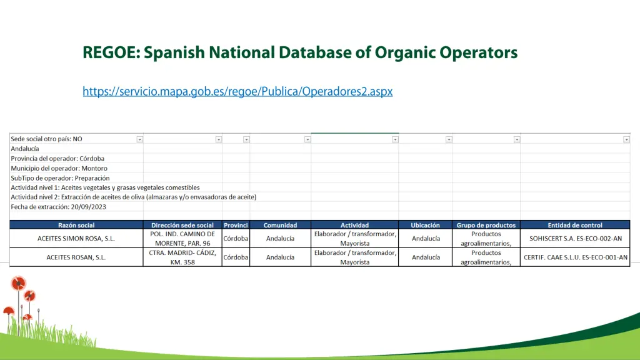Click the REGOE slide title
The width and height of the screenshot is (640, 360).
pyautogui.click(x=300, y=52)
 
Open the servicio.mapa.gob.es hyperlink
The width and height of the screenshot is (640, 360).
pyautogui.click(x=237, y=91)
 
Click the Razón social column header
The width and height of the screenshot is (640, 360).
pyautogui.click(x=76, y=225)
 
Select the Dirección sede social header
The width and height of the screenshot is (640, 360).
pyautogui.click(x=182, y=225)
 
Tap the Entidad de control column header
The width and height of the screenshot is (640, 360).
pyautogui.click(x=575, y=225)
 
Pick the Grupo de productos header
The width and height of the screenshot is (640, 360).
pyautogui.click(x=486, y=225)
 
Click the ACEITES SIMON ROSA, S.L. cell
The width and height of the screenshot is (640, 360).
pyautogui.click(x=76, y=238)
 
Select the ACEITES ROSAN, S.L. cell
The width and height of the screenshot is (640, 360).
pyautogui.click(x=76, y=257)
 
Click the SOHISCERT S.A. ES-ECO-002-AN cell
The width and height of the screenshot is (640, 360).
pyautogui.click(x=575, y=238)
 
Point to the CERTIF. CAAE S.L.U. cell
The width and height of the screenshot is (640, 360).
pyautogui.click(x=575, y=257)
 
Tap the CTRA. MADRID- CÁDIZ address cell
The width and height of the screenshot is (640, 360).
pyautogui.click(x=182, y=257)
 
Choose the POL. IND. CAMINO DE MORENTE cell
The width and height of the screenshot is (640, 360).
pyautogui.click(x=182, y=238)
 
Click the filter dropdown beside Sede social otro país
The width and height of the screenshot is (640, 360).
pyautogui.click(x=140, y=139)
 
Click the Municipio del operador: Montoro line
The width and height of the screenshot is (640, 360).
pyautogui.click(x=59, y=168)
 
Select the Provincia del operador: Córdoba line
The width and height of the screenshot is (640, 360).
pyautogui.click(x=57, y=159)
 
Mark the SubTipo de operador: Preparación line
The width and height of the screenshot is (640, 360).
pyautogui.click(x=60, y=178)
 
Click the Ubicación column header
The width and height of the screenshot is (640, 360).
pyautogui.click(x=425, y=225)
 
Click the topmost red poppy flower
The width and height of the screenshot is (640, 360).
pyautogui.click(x=19, y=283)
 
